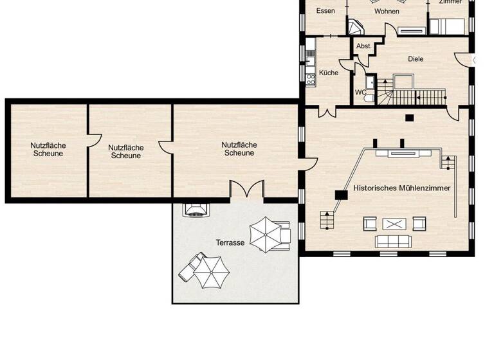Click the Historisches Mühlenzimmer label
(402, 188)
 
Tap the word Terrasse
(230, 243)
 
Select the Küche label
(329, 73)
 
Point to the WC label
(360, 92)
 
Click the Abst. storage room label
(364, 46)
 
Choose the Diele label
(416, 59)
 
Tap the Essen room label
(325, 11)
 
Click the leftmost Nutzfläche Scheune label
(48, 149)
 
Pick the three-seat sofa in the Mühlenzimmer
(394, 241)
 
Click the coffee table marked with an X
(394, 224)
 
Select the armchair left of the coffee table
(370, 224)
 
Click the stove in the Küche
(311, 78)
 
